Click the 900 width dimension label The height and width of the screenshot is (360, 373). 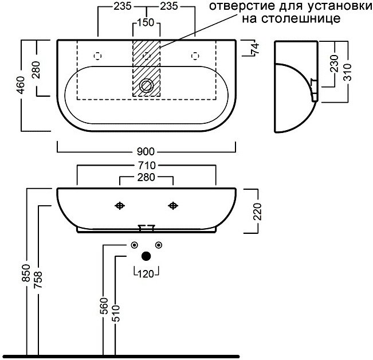[146, 151]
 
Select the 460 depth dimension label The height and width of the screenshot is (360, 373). [21, 85]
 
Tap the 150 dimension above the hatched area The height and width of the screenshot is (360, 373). [146, 22]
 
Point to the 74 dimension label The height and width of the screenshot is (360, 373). [255, 49]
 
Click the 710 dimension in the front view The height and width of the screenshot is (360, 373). [146, 165]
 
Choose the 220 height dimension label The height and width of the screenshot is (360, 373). [258, 212]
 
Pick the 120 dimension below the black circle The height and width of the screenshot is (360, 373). [146, 274]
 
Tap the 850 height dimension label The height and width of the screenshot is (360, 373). [26, 273]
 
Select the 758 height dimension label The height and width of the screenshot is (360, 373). [38, 280]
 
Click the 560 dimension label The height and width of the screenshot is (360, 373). [104, 306]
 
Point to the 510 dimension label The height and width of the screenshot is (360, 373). [116, 314]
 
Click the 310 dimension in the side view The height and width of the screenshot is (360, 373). [348, 72]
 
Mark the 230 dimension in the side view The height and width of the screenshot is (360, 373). [335, 63]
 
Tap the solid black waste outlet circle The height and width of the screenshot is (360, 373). [146, 256]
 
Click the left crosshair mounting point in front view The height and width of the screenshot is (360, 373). [120, 205]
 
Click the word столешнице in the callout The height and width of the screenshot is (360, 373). [291, 18]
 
